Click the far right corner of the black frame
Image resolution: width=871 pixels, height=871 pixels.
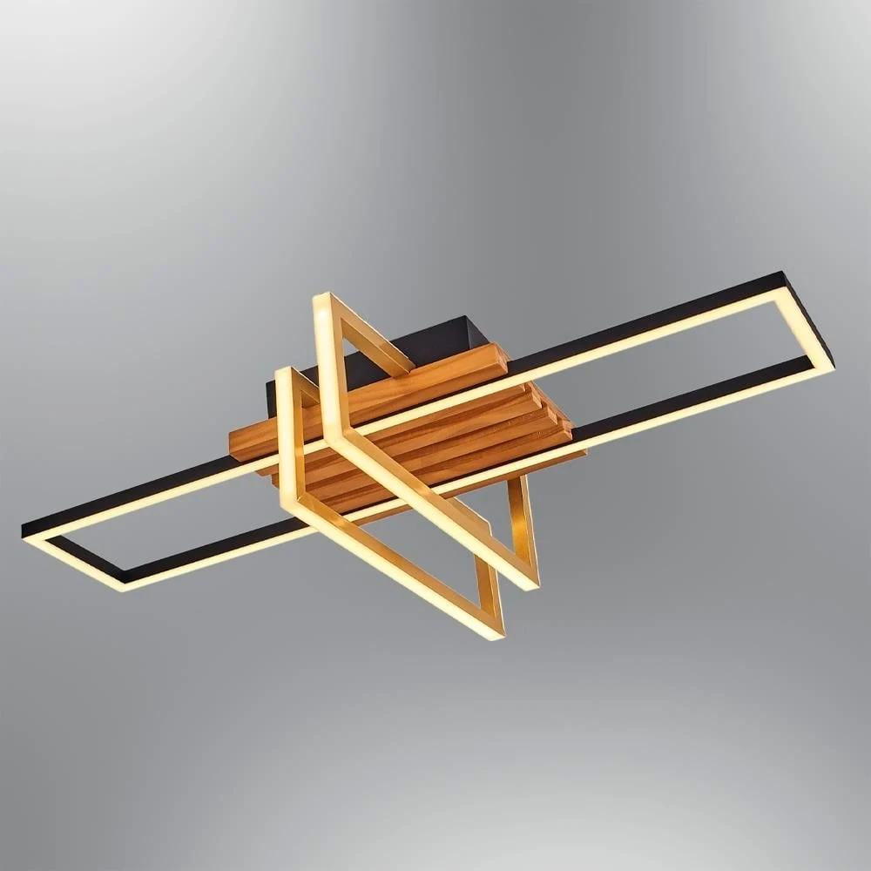point(832,364)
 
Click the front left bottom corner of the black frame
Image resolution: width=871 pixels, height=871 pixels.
point(122,584)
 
